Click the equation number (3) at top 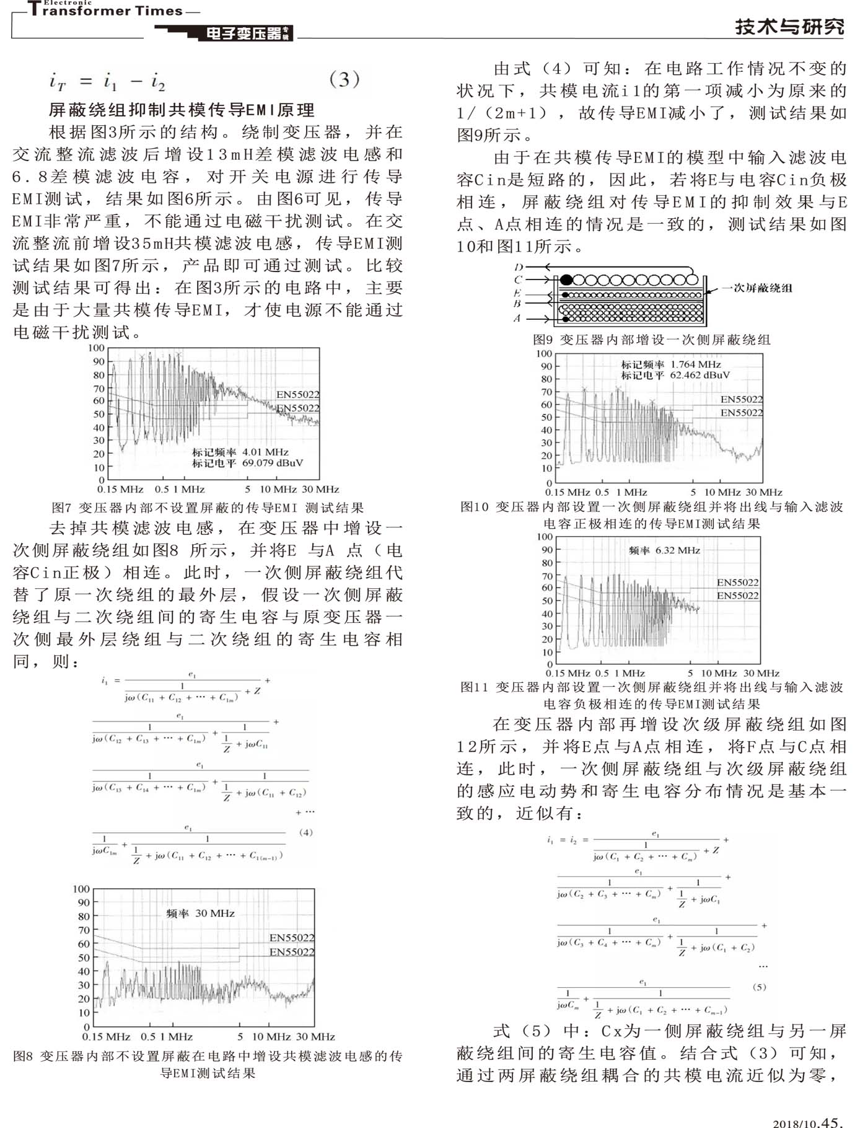pos(344,80)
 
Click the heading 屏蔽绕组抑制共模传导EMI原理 pos(182,110)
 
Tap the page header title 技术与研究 pos(789,27)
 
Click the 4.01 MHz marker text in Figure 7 pos(265,452)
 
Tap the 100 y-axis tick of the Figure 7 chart pos(96,348)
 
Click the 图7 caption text pos(208,508)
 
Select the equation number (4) pos(305,832)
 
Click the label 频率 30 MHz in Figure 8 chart pos(201,913)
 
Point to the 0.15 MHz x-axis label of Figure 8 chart pos(106,1036)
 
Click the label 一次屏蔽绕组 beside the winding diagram pos(757,288)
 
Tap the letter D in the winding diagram pos(519,267)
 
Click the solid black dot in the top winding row pos(566,280)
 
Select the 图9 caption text pos(652,340)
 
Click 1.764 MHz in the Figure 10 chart pos(696,364)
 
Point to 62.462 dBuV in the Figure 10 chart pos(694,375)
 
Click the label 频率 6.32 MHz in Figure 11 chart pos(664,550)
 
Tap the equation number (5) pos(759,987)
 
